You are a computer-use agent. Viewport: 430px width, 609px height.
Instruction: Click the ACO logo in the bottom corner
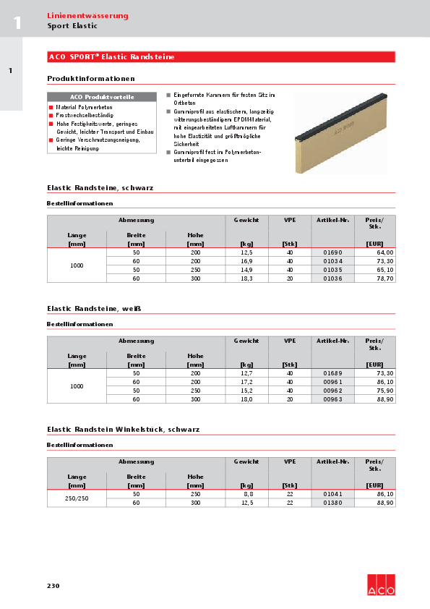[x=381, y=585]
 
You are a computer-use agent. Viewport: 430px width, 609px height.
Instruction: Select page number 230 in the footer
[x=53, y=586]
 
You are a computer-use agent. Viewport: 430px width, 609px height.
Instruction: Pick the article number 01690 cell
[x=333, y=252]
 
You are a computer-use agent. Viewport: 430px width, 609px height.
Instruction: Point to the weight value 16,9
[x=246, y=260]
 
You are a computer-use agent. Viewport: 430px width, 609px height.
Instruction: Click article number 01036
[x=333, y=278]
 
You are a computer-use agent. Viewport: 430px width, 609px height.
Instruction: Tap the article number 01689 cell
[x=333, y=372]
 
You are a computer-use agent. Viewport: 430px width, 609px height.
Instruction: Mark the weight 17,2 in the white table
[x=246, y=381]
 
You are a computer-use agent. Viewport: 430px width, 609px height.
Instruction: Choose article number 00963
[x=333, y=399]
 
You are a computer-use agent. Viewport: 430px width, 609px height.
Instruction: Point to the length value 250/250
[x=77, y=498]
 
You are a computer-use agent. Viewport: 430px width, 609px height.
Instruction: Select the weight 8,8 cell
[x=246, y=493]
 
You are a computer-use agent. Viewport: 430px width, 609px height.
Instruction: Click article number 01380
[x=333, y=502]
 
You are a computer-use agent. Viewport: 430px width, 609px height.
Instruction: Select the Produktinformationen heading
[x=91, y=78]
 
